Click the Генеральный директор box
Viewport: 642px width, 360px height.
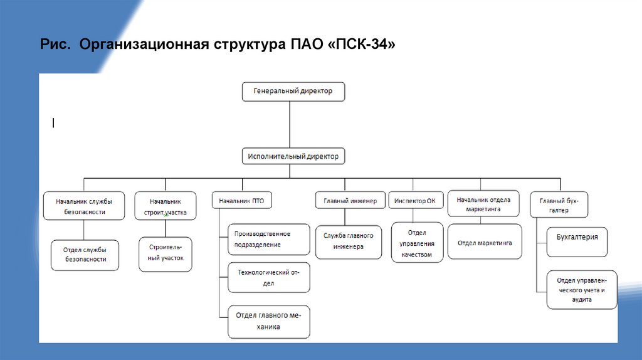click(293, 91)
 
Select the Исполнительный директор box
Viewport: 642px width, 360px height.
click(293, 156)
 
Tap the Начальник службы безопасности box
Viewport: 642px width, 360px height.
click(84, 206)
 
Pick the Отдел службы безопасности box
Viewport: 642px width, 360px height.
click(85, 254)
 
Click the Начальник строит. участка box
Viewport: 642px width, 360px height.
click(166, 206)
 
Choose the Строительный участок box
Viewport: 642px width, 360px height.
click(166, 253)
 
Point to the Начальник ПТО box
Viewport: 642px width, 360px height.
click(241, 201)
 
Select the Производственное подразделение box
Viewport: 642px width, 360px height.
click(268, 239)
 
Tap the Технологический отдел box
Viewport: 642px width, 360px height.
click(268, 278)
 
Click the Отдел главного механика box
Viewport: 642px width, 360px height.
click(268, 320)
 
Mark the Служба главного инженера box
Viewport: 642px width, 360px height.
click(348, 241)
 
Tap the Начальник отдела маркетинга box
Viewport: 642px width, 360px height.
click(483, 204)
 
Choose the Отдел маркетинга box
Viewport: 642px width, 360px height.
click(485, 242)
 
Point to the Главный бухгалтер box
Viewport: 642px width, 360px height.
click(559, 205)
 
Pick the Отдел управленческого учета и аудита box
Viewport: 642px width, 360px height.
click(581, 290)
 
